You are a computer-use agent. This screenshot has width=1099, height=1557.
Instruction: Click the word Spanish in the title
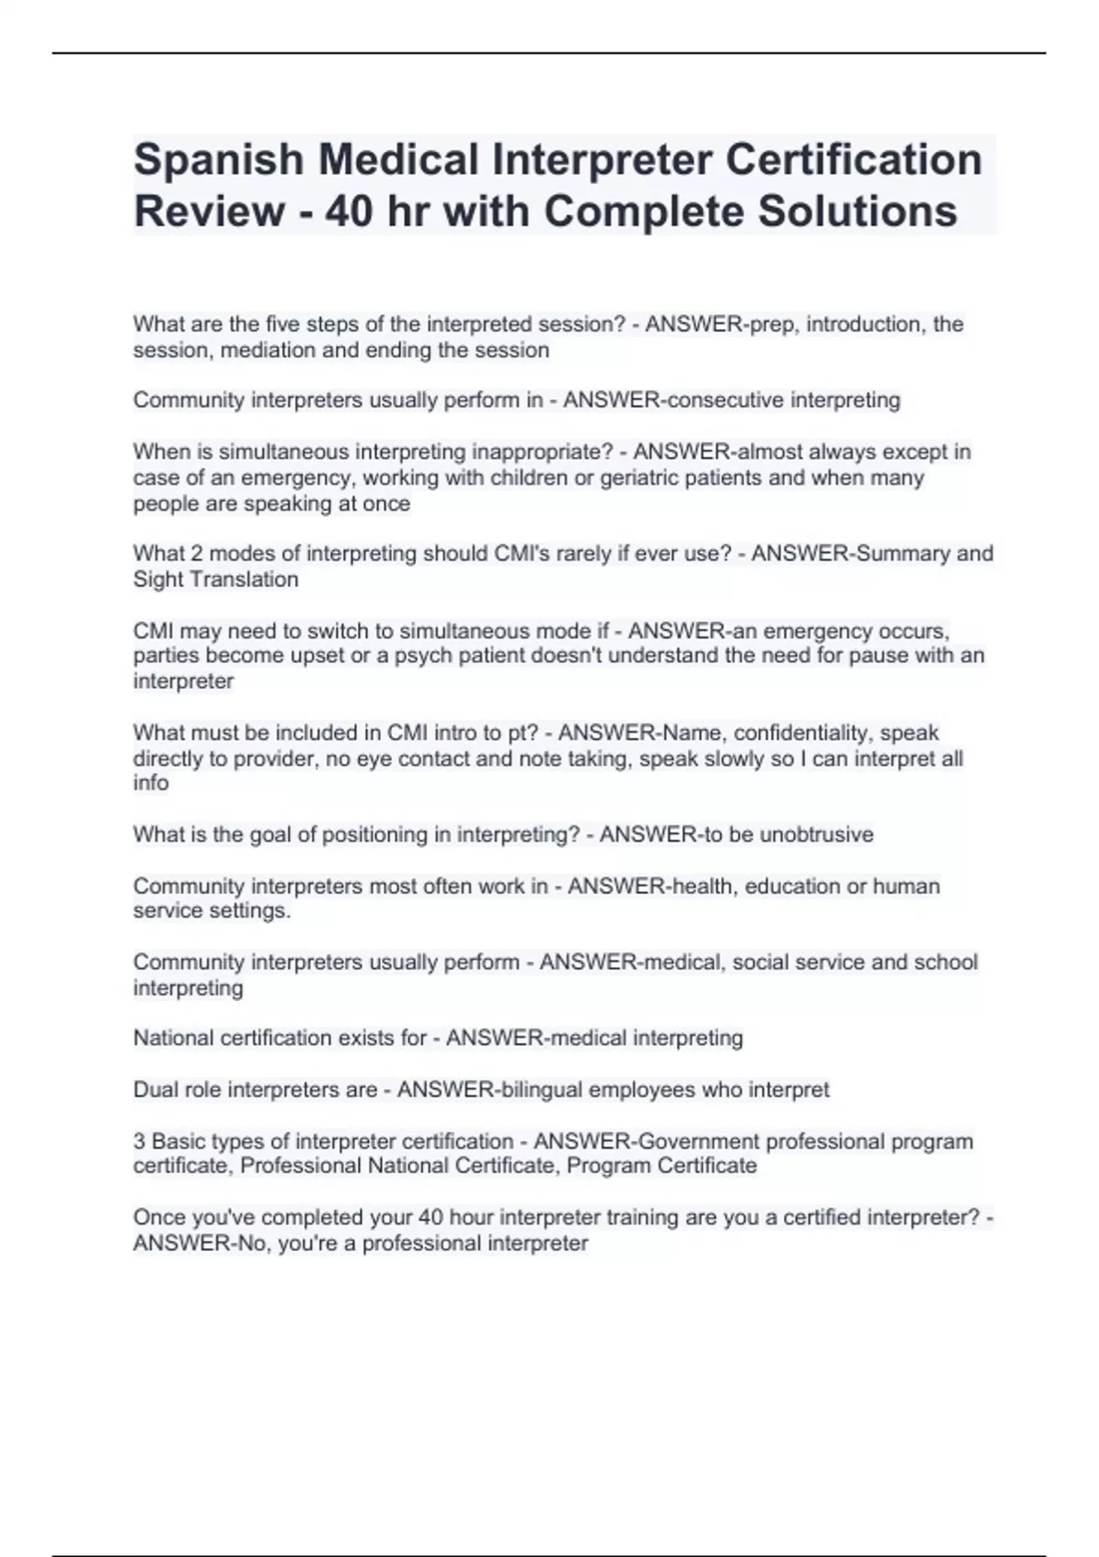[217, 160]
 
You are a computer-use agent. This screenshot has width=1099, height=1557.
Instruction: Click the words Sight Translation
[216, 580]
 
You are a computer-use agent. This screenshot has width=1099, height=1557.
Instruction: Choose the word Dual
[156, 1090]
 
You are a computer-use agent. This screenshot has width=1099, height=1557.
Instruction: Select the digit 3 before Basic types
[139, 1141]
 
